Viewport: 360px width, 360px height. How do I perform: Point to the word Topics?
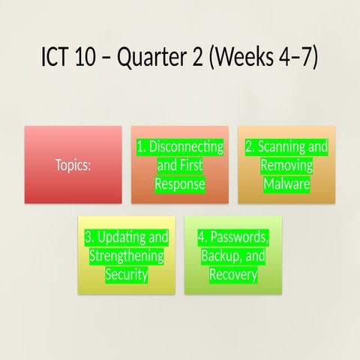[x=73, y=165]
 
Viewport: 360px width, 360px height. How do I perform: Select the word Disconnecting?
[x=186, y=147]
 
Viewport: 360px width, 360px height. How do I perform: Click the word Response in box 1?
[x=180, y=184]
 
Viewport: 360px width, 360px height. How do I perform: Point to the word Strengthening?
[x=126, y=256]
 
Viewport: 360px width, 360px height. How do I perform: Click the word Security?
[x=126, y=275]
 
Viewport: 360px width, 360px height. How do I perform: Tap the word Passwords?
[x=238, y=237]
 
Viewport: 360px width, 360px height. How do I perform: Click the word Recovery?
[x=233, y=275]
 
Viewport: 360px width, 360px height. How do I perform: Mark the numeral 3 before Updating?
[x=88, y=237]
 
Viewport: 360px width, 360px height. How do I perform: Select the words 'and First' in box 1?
[x=180, y=165]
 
